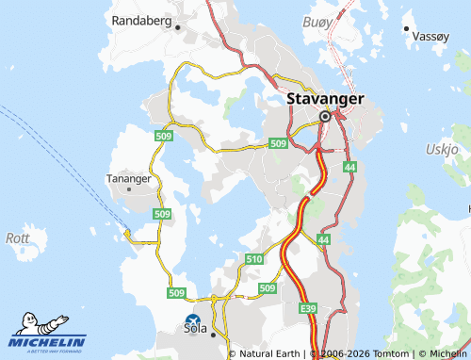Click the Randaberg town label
point(142,20)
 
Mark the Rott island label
point(18,237)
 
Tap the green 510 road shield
point(253,258)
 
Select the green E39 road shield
point(307,308)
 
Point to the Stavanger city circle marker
point(325,116)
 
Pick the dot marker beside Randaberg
point(178,27)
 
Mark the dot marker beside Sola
point(214,335)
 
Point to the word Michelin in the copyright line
point(443,353)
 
